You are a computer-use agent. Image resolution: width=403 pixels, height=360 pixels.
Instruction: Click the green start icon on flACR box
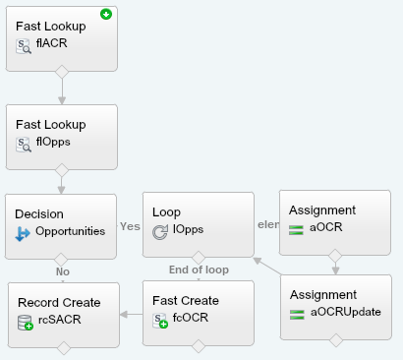pyautogui.click(x=105, y=15)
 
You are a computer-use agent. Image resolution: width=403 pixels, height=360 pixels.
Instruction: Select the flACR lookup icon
pyautogui.click(x=25, y=45)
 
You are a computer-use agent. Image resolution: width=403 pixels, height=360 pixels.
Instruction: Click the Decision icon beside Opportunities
pyautogui.click(x=25, y=232)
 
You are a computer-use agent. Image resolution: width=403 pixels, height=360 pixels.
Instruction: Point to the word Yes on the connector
pyautogui.click(x=129, y=225)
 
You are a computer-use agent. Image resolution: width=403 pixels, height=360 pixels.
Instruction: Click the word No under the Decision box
pyautogui.click(x=62, y=271)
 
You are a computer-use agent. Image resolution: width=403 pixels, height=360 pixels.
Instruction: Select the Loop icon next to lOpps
pyautogui.click(x=162, y=232)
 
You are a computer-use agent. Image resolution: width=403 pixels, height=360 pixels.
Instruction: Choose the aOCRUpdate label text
pyautogui.click(x=345, y=313)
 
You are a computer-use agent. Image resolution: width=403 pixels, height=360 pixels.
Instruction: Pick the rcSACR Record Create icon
pyautogui.click(x=26, y=322)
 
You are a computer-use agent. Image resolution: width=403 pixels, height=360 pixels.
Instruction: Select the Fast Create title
pyautogui.click(x=192, y=300)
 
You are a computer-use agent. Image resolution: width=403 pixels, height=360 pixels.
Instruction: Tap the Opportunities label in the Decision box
pyautogui.click(x=70, y=232)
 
